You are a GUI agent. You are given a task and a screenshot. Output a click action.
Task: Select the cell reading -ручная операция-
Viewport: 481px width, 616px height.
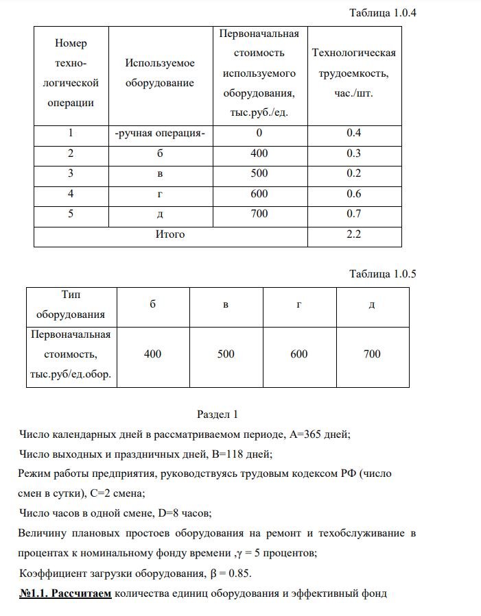click(x=160, y=133)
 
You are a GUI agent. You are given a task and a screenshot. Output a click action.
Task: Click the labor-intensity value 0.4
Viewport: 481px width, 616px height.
click(x=354, y=133)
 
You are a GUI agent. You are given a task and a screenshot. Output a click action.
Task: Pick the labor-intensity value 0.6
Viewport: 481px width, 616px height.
click(x=354, y=194)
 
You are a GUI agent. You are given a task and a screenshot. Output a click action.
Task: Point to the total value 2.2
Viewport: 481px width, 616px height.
click(x=354, y=234)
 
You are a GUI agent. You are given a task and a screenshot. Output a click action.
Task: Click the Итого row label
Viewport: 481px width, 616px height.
click(x=170, y=234)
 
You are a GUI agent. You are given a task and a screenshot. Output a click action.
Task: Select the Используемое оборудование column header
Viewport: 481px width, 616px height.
click(x=160, y=73)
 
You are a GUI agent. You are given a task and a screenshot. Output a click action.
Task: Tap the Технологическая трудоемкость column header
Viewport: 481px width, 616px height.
click(x=353, y=73)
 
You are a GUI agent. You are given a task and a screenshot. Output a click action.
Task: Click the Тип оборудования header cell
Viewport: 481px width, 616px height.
click(x=71, y=305)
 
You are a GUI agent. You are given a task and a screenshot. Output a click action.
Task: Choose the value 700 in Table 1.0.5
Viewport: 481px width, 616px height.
click(x=371, y=354)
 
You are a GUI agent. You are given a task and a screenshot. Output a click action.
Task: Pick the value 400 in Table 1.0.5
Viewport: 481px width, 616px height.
click(x=153, y=354)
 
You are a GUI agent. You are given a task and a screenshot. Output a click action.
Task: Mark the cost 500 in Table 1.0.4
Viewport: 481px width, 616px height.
click(x=259, y=173)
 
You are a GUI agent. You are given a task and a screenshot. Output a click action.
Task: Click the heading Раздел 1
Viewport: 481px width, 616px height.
click(x=217, y=414)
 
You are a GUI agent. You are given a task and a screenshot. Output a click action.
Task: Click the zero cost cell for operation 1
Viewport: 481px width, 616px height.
click(x=259, y=133)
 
